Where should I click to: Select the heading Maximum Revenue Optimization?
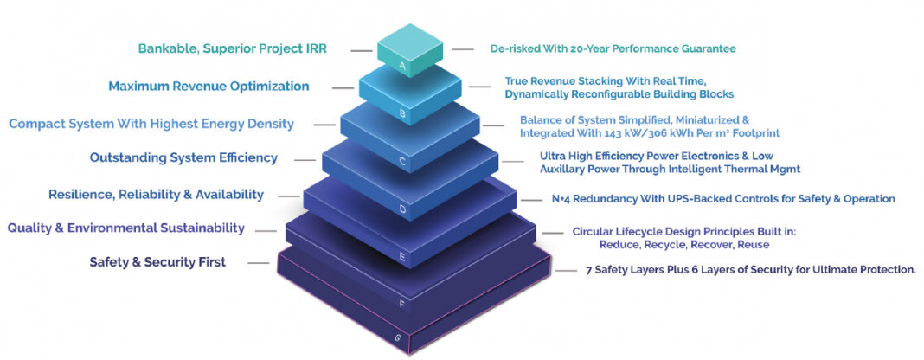tap(209, 86)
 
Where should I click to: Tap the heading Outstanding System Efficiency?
tap(183, 157)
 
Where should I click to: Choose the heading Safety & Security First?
tap(157, 261)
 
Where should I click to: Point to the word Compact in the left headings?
tap(35, 124)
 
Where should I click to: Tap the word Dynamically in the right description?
tap(538, 93)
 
